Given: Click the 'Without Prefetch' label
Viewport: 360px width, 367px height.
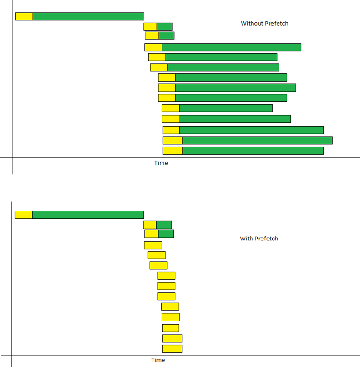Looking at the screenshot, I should [x=264, y=23].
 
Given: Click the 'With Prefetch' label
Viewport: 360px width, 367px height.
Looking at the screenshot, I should [x=259, y=239].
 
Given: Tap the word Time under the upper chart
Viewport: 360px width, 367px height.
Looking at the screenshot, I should [x=161, y=163].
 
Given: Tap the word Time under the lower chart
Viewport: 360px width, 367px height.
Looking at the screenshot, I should [x=158, y=360].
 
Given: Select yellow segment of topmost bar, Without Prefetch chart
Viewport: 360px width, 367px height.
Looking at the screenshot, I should [x=24, y=17].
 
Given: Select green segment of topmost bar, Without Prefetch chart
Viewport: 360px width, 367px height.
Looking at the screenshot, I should [x=88, y=17].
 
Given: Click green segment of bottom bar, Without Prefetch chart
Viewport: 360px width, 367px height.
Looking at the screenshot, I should [x=253, y=150].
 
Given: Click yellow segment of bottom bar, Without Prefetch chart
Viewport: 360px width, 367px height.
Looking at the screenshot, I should [x=173, y=150].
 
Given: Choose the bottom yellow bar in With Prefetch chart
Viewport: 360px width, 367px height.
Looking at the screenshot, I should [x=172, y=349].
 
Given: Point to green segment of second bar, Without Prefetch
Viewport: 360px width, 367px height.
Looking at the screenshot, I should [x=165, y=27].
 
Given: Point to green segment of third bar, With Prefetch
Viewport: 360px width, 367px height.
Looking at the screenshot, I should [x=166, y=234].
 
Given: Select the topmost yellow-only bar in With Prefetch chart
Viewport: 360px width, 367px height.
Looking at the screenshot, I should [x=153, y=245].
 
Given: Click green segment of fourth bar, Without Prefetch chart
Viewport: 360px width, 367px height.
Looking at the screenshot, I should [x=232, y=47].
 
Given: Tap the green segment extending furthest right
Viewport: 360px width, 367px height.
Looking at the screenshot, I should [x=257, y=140].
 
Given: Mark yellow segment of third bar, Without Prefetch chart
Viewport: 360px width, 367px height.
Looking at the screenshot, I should [x=152, y=36].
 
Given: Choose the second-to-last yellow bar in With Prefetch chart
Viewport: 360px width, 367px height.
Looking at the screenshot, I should [x=172, y=338].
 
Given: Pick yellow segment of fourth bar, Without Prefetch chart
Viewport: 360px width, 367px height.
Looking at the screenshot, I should [x=153, y=47].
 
